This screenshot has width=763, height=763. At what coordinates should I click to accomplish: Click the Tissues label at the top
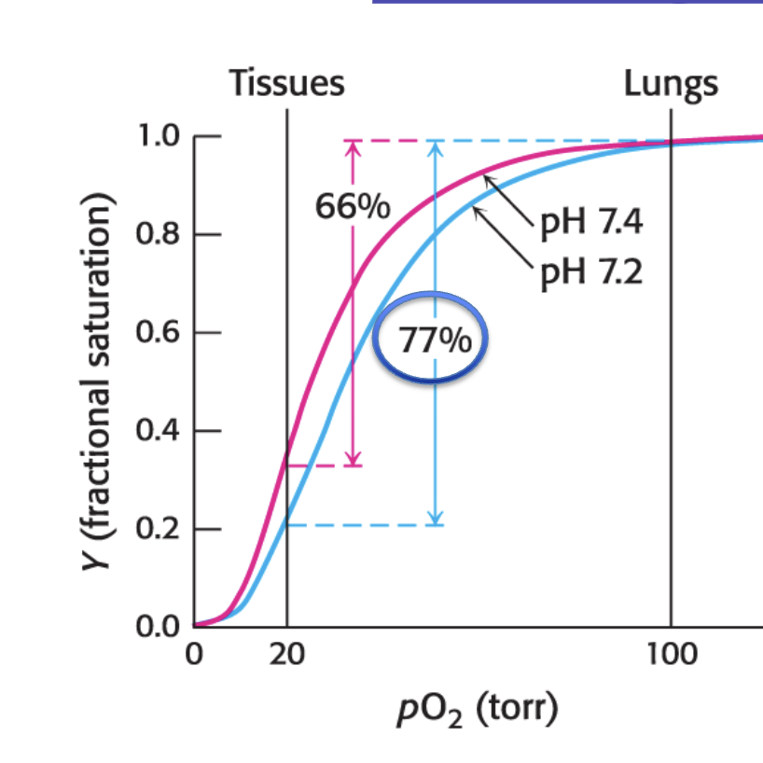pyautogui.click(x=286, y=83)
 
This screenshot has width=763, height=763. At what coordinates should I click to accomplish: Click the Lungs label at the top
pyautogui.click(x=671, y=86)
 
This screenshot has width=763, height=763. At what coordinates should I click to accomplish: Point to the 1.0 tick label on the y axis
pyautogui.click(x=160, y=135)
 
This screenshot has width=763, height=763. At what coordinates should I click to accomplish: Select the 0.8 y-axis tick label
pyautogui.click(x=159, y=234)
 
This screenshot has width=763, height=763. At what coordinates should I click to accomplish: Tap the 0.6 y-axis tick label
pyautogui.click(x=159, y=332)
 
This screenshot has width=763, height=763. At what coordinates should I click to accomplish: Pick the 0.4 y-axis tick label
pyautogui.click(x=159, y=431)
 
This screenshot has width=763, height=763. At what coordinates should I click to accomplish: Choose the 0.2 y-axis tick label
pyautogui.click(x=159, y=529)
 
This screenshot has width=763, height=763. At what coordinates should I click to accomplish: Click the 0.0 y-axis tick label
pyautogui.click(x=159, y=627)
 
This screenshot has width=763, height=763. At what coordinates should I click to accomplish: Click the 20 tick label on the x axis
pyautogui.click(x=287, y=654)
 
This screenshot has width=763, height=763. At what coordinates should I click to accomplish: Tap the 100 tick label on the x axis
pyautogui.click(x=672, y=654)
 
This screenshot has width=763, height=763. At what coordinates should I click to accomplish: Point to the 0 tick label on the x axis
pyautogui.click(x=194, y=654)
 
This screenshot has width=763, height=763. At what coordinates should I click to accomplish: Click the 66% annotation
pyautogui.click(x=353, y=206)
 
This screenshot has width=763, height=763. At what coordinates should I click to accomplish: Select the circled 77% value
pyautogui.click(x=435, y=340)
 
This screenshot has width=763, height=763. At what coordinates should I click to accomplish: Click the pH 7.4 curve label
pyautogui.click(x=591, y=223)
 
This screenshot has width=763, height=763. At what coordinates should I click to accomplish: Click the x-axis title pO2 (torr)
pyautogui.click(x=478, y=710)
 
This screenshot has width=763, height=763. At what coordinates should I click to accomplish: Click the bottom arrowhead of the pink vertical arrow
pyautogui.click(x=354, y=460)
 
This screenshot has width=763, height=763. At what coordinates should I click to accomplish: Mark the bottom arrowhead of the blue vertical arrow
pyautogui.click(x=435, y=519)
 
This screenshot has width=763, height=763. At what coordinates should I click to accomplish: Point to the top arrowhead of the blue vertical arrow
pyautogui.click(x=435, y=148)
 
